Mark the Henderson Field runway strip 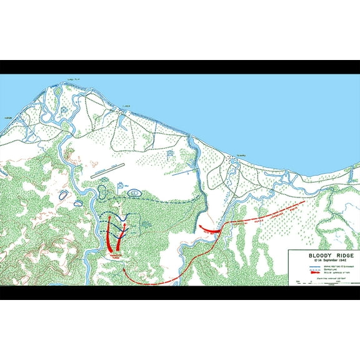107,171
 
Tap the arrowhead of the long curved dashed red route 124,269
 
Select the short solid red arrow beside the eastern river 210,229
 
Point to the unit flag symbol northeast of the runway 171,152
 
